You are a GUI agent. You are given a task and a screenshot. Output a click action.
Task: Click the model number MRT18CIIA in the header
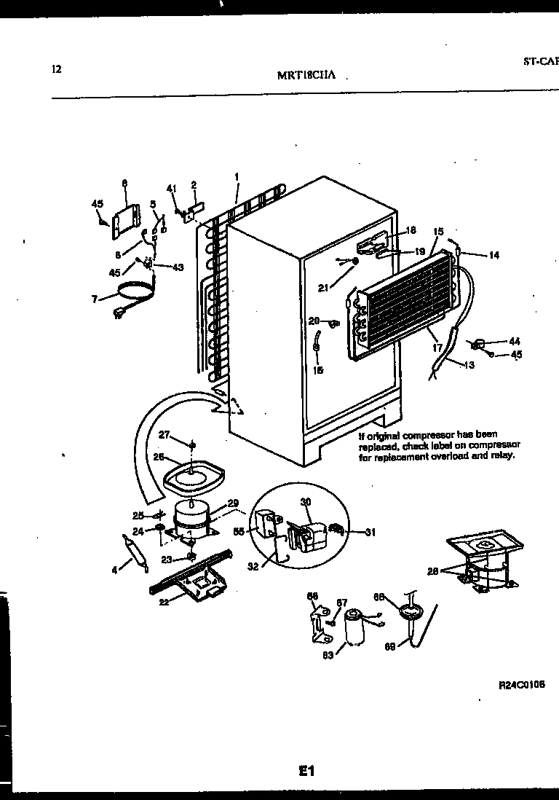pos(305,75)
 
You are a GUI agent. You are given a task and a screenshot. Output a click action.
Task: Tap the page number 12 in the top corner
pos(57,69)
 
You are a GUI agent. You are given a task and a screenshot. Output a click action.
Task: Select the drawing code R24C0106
pos(522,685)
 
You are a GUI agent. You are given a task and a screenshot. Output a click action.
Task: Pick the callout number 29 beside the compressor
pos(233,503)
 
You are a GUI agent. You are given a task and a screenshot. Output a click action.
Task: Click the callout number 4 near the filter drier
pos(114,570)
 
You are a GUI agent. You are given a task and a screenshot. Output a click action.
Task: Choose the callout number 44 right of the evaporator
pos(514,341)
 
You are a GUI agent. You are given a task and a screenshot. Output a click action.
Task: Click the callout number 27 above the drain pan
pos(164,435)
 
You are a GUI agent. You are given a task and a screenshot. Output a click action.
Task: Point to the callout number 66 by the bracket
pos(313,595)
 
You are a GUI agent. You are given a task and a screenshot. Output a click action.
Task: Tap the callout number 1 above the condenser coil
pos(237,176)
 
